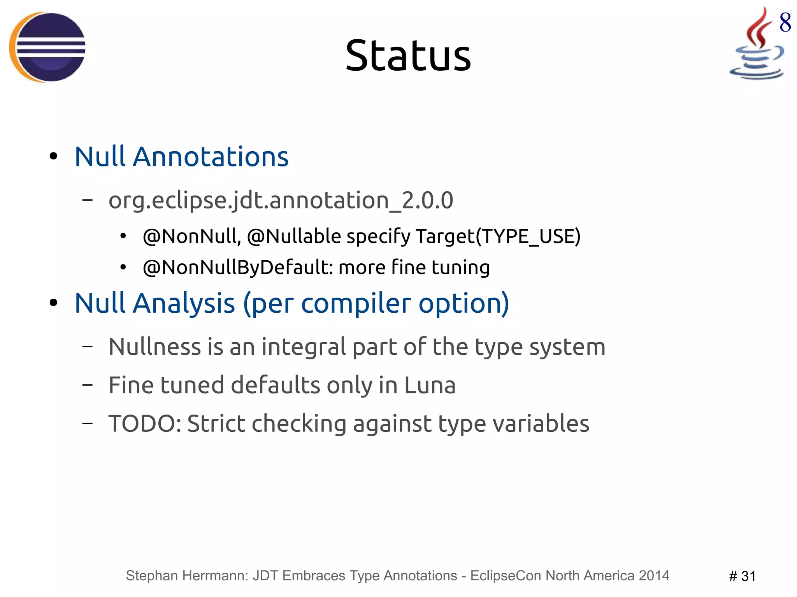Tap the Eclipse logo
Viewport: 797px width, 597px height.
click(x=47, y=47)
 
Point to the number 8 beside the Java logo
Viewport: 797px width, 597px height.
click(x=785, y=23)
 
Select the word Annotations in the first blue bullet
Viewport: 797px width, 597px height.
click(x=211, y=156)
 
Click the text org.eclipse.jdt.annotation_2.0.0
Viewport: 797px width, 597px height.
click(x=281, y=200)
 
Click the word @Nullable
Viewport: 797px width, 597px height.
click(x=294, y=236)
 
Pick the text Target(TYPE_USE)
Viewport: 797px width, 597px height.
click(x=498, y=236)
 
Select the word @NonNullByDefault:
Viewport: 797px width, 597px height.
click(x=238, y=267)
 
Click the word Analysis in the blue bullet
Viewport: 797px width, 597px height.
click(x=184, y=303)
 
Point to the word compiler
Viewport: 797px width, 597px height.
click(x=356, y=303)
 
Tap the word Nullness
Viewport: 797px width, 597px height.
click(x=154, y=347)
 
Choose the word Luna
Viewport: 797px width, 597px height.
click(x=430, y=385)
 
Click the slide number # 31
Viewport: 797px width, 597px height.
click(x=742, y=576)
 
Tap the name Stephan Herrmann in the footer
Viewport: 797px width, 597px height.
click(x=187, y=576)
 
